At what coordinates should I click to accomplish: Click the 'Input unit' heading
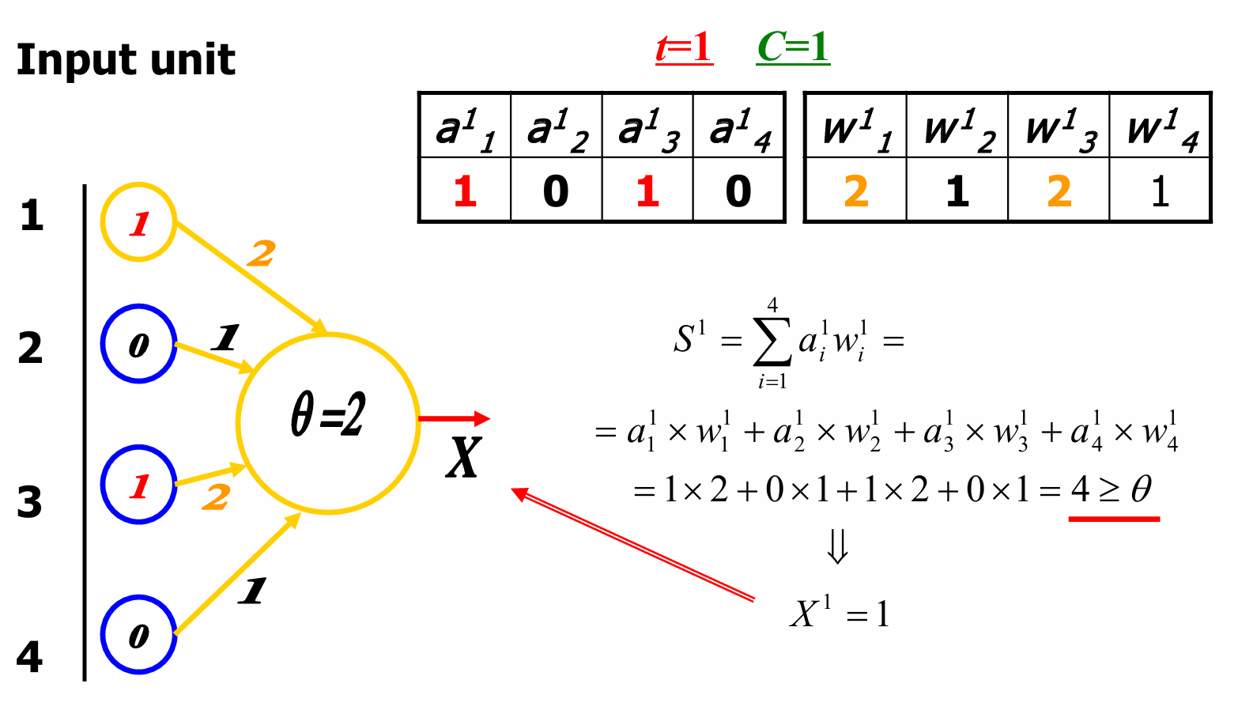pyautogui.click(x=126, y=60)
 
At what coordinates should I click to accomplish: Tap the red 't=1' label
pyautogui.click(x=684, y=48)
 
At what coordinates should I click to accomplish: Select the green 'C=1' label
pyautogui.click(x=793, y=48)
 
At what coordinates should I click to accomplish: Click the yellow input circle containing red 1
pyautogui.click(x=138, y=223)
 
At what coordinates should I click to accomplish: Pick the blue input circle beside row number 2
pyautogui.click(x=138, y=345)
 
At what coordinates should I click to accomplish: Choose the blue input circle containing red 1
pyautogui.click(x=138, y=485)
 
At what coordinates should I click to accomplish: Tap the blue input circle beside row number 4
pyautogui.click(x=138, y=635)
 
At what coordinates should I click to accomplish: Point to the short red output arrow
pyautogui.click(x=454, y=418)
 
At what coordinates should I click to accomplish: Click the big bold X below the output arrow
pyautogui.click(x=462, y=458)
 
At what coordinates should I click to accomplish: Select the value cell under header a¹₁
pyautogui.click(x=465, y=191)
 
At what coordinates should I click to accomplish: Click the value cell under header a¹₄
pyautogui.click(x=738, y=191)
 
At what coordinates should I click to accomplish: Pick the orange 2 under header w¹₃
pyautogui.click(x=1059, y=191)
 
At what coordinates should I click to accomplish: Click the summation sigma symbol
pyautogui.click(x=772, y=342)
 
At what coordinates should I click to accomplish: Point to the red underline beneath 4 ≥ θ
pyautogui.click(x=1114, y=519)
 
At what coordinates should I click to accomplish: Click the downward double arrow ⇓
pyautogui.click(x=838, y=546)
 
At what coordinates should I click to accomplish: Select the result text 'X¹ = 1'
pyautogui.click(x=840, y=614)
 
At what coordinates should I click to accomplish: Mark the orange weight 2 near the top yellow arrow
pyautogui.click(x=261, y=254)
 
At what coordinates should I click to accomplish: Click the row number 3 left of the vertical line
pyautogui.click(x=30, y=502)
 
